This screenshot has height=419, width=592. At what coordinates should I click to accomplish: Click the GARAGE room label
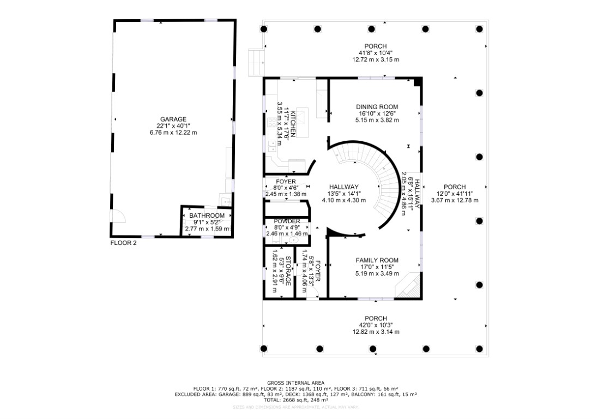coord(173,119)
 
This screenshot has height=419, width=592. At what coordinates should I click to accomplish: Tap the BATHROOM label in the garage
coord(207,216)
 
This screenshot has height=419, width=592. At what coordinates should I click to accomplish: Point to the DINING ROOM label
coord(377,107)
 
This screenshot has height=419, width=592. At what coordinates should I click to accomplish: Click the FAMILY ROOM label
coord(377,260)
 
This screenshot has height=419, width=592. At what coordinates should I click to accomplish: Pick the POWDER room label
coord(287,221)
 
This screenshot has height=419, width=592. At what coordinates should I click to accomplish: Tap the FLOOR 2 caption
coord(123,243)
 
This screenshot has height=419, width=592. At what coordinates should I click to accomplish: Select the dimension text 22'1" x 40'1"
coord(173,126)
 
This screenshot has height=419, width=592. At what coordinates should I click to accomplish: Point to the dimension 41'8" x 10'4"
coord(376,53)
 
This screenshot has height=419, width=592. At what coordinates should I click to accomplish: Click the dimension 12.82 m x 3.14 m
coord(376,332)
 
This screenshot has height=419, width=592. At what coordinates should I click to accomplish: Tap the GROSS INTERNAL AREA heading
coord(295,382)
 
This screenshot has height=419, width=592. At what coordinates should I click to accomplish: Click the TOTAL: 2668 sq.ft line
coord(295,399)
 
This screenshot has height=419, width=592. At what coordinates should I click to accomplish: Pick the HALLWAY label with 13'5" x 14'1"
coord(343,187)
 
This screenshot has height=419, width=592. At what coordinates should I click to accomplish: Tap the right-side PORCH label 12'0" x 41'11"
coord(455,187)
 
